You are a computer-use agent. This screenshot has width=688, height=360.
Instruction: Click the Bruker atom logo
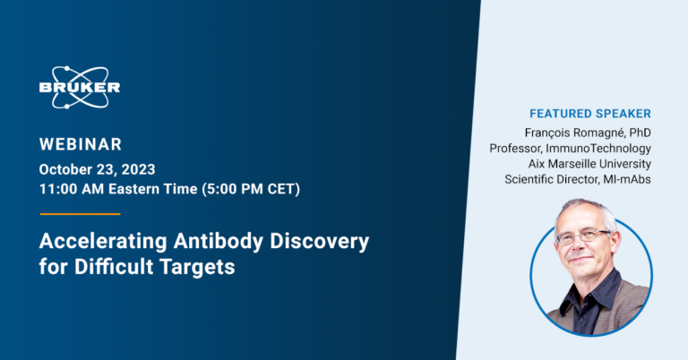tap(80, 87)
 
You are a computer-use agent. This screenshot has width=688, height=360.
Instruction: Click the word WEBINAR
tap(81, 144)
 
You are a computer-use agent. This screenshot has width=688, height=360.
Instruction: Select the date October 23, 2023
tap(99, 168)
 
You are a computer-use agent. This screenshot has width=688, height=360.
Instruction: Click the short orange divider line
tap(80, 214)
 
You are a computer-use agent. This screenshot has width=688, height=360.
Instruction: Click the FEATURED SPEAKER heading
tap(590, 114)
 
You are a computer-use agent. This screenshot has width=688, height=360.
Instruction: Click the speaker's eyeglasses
tap(582, 237)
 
